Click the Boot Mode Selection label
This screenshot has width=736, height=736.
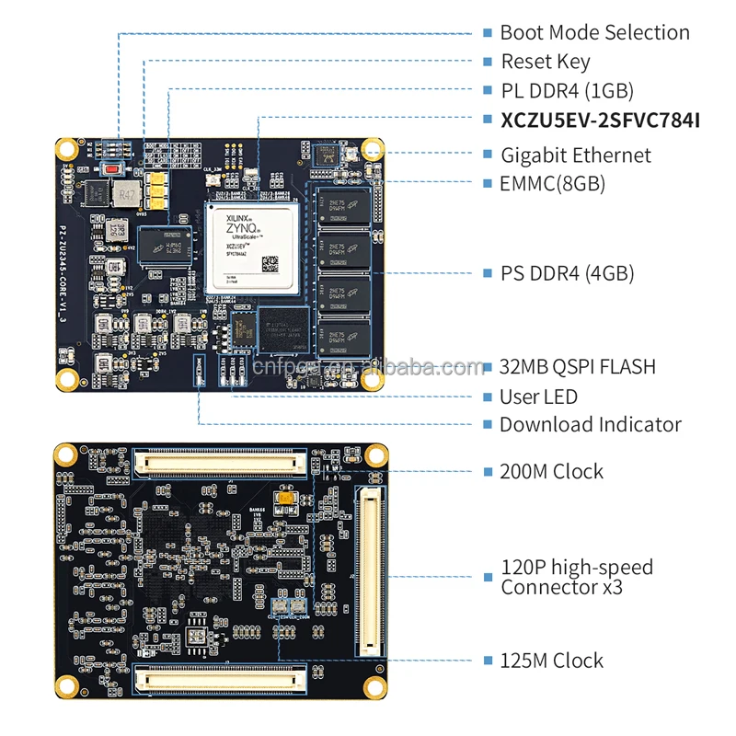[x=594, y=33]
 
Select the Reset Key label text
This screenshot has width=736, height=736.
[x=546, y=63]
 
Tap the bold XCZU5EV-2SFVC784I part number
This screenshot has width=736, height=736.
[x=600, y=121]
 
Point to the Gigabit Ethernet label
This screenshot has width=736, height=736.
[x=575, y=155]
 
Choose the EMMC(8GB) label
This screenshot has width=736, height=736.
[x=552, y=183]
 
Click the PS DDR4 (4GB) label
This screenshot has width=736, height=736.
[x=567, y=273]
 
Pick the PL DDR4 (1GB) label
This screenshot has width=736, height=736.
[x=567, y=91]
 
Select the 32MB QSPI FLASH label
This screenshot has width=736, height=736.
[x=578, y=366]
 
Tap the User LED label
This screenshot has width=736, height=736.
[x=538, y=397]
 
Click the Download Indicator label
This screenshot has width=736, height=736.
[x=590, y=425]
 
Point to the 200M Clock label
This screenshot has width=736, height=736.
[x=552, y=471]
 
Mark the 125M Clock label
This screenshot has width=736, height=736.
[x=552, y=660]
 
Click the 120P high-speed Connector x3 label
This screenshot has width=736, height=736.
[x=577, y=577]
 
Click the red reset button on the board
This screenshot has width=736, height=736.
[x=113, y=169]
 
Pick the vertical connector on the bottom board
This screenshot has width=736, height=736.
[x=370, y=571]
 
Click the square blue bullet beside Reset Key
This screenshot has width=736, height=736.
[x=488, y=63]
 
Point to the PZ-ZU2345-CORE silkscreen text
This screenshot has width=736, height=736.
[x=63, y=267]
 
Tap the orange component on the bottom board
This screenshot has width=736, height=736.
[x=287, y=500]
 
